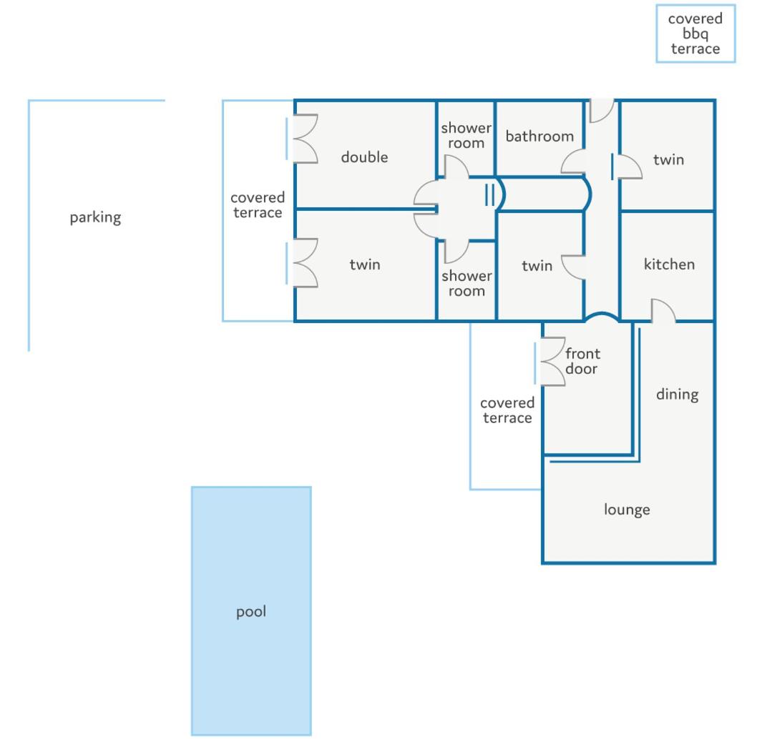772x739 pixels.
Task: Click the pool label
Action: [x=251, y=612]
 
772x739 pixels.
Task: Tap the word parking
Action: [x=95, y=217]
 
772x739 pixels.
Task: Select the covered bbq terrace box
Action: [x=695, y=34]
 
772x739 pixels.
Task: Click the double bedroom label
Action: [x=364, y=157]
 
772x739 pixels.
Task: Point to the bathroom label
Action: [x=539, y=137]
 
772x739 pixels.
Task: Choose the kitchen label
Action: [x=669, y=264]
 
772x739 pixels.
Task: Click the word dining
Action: [x=677, y=395]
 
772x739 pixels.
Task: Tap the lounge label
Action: [x=627, y=510]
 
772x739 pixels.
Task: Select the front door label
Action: [x=582, y=361]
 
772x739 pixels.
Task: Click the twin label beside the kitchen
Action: [x=537, y=265]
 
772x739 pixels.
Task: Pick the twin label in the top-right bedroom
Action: [x=668, y=159]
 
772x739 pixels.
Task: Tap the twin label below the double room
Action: [x=364, y=264]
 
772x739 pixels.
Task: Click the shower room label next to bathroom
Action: [x=466, y=135]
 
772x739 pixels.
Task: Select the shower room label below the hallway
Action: [x=466, y=283]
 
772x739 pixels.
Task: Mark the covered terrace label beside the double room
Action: [x=258, y=205]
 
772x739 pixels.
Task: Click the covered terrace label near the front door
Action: [x=507, y=410]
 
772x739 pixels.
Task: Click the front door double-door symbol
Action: [x=552, y=362]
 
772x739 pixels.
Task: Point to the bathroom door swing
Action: [x=573, y=162]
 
